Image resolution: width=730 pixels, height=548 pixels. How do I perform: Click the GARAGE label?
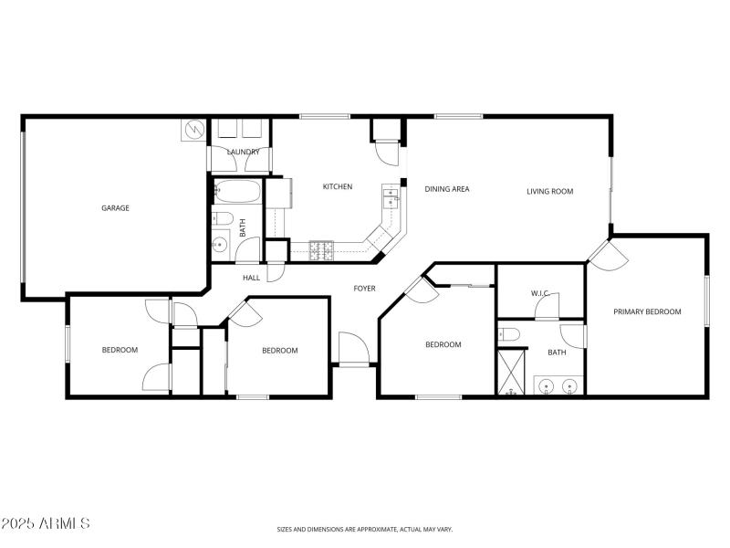click(x=115, y=208)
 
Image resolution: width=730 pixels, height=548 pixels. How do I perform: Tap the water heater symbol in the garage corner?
click(x=193, y=130)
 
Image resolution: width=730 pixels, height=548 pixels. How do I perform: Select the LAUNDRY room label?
click(x=243, y=152)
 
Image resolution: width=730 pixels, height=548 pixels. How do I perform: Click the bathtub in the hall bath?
click(x=237, y=193)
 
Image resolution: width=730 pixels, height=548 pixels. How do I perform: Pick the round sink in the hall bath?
click(x=220, y=244)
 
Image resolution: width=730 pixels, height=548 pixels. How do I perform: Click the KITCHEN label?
click(x=337, y=187)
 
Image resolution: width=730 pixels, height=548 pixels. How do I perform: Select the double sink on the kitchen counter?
click(x=392, y=196)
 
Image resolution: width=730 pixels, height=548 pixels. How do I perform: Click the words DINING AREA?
click(x=447, y=189)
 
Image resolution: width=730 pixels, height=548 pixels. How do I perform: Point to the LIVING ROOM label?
click(x=549, y=192)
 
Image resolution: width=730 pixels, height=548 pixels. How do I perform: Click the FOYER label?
click(x=364, y=289)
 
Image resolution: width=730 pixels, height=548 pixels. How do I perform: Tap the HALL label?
click(x=251, y=278)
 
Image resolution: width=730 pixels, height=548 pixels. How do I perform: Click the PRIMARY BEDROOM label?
click(x=647, y=311)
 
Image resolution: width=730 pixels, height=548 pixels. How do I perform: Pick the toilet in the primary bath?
click(x=508, y=335)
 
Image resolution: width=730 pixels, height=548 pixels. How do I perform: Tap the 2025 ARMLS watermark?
click(x=46, y=524)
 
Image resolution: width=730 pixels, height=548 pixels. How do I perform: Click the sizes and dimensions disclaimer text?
click(x=364, y=529)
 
